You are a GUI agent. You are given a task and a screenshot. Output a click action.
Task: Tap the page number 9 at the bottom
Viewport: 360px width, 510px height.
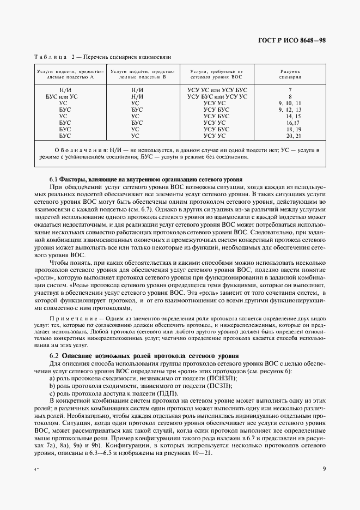[x=324, y=468]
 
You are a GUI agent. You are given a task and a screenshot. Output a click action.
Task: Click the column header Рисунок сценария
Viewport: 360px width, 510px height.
[x=290, y=74]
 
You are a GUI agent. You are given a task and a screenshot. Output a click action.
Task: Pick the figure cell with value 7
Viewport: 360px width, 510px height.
[x=290, y=89]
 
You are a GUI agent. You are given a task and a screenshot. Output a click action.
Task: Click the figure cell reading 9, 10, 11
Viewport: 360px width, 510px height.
[x=289, y=102]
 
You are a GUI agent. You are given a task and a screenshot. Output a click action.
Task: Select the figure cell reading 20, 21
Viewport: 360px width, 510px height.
[x=289, y=135]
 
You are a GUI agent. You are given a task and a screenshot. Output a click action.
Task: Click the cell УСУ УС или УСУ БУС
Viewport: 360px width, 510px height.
[x=217, y=89]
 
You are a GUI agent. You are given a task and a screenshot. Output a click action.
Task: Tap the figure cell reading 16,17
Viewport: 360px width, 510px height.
[x=290, y=122]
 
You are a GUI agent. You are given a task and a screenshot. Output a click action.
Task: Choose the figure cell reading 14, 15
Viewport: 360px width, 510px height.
[x=290, y=116]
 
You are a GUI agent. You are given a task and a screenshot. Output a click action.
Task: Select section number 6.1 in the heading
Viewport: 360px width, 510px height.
[x=53, y=179]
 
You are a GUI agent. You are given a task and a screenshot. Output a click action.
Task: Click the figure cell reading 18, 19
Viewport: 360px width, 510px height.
[x=289, y=129]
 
